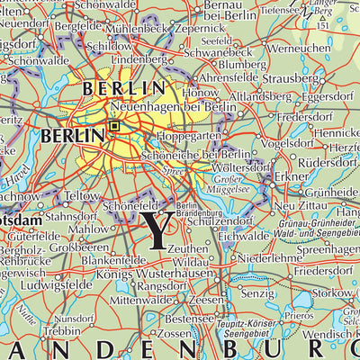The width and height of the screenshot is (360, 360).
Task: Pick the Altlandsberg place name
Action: (256, 94)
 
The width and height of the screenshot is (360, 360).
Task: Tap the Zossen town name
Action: (175, 334)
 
